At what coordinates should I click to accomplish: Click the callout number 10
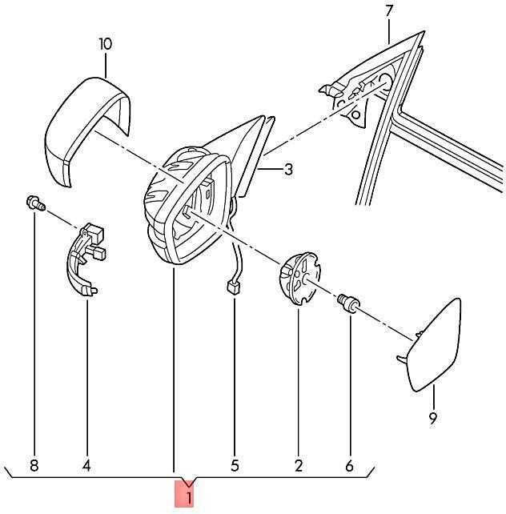click(x=105, y=44)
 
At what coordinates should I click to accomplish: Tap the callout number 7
click(x=389, y=11)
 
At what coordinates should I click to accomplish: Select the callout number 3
click(x=288, y=170)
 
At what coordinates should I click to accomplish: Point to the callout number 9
click(x=433, y=418)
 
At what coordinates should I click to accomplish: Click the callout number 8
click(x=34, y=465)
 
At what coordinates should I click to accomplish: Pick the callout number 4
click(x=86, y=465)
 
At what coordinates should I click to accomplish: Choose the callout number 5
click(x=235, y=465)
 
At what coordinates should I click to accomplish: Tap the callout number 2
click(x=298, y=465)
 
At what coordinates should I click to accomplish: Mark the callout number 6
click(x=349, y=465)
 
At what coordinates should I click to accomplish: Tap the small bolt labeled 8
click(x=35, y=203)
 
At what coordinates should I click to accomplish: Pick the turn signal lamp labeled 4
click(x=86, y=259)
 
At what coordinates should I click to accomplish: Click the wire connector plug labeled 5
click(x=233, y=287)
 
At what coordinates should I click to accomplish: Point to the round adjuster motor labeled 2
click(x=299, y=279)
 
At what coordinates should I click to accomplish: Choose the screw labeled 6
click(x=348, y=303)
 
